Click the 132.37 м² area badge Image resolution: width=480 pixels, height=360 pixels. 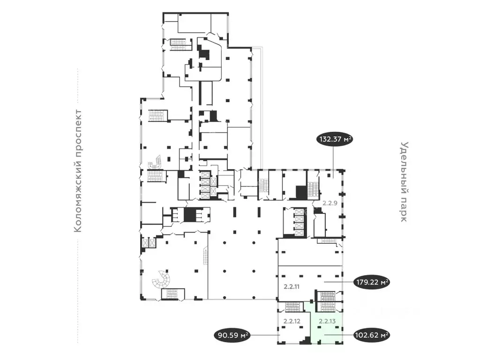(335, 140)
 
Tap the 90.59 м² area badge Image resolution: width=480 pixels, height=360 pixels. (232, 335)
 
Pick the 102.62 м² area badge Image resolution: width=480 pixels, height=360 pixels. (372, 335)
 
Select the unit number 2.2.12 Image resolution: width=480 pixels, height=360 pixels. (292, 321)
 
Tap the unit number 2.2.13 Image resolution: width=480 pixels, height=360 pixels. (326, 321)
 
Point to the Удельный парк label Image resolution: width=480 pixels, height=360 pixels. (405, 182)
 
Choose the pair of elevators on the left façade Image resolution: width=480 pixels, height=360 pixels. (149, 243)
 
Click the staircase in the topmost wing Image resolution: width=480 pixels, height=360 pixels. (181, 45)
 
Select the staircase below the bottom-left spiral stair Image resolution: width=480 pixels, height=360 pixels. (169, 294)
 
